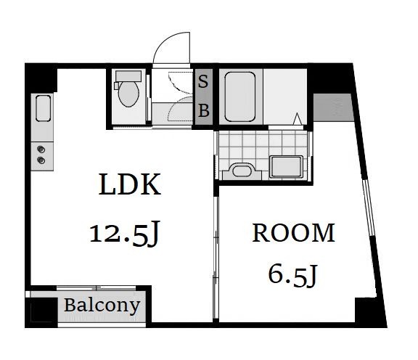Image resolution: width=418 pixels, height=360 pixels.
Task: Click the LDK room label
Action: [x=130, y=184]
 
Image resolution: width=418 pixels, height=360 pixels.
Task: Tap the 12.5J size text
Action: [x=125, y=233]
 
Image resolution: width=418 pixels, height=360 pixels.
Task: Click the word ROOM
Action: [x=293, y=233]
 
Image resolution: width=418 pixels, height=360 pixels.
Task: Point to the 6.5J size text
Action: [x=292, y=275]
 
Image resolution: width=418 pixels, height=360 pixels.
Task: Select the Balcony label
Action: [x=102, y=306]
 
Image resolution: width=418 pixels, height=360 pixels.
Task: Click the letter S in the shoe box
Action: [x=203, y=81]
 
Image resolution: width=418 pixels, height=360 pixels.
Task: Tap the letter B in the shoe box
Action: [x=204, y=110]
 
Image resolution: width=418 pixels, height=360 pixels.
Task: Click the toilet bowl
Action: [x=128, y=94]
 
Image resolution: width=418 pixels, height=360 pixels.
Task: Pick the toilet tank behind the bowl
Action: [x=128, y=76]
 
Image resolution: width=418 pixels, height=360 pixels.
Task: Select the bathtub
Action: [x=240, y=97]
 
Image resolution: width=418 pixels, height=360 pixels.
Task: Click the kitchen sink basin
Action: [x=44, y=108]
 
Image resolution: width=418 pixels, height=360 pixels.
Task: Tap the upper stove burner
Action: [x=41, y=150]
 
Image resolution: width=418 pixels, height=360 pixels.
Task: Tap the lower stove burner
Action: [x=41, y=160]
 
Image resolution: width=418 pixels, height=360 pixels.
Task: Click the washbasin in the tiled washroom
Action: [x=242, y=171]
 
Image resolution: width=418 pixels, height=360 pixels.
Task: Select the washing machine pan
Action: [x=287, y=167]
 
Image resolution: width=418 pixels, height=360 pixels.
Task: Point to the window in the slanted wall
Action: [x=368, y=207]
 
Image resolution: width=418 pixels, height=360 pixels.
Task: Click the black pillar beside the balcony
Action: [x=41, y=313]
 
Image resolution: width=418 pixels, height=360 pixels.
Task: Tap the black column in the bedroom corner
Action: [x=366, y=310]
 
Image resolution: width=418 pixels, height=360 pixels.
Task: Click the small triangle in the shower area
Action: [x=298, y=119]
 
